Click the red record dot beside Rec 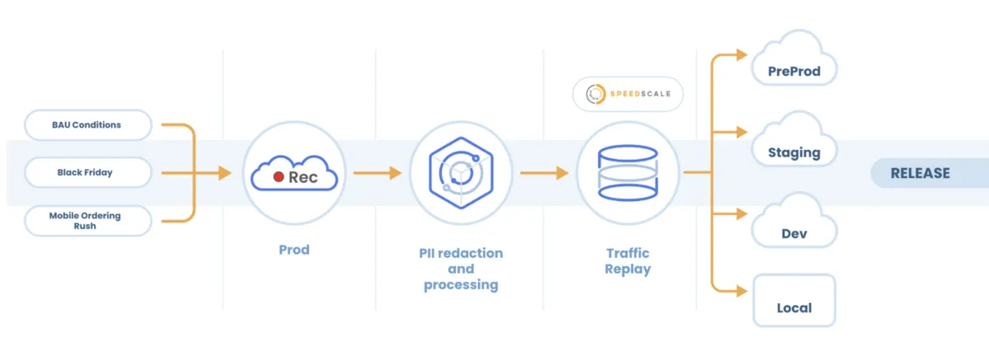pyautogui.click(x=279, y=177)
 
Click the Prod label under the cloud pyautogui.click(x=294, y=249)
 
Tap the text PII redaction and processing pyautogui.click(x=461, y=268)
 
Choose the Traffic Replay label pyautogui.click(x=627, y=261)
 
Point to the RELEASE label pyautogui.click(x=920, y=173)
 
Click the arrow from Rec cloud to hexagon pyautogui.click(x=377, y=173)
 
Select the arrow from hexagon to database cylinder pyautogui.click(x=545, y=173)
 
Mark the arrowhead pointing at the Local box pyautogui.click(x=742, y=291)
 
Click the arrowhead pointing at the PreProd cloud pyautogui.click(x=742, y=54)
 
